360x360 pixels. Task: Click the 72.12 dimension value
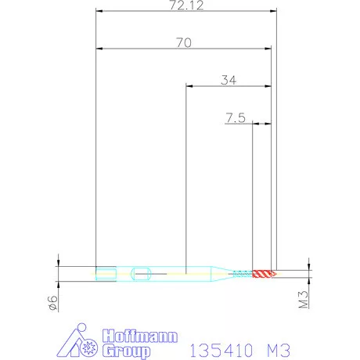(x=184, y=5)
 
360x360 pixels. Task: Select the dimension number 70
(x=184, y=43)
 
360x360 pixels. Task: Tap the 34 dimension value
(x=229, y=80)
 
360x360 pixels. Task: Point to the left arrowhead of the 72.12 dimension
(x=99, y=12)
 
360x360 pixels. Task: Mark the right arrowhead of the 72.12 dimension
(x=274, y=12)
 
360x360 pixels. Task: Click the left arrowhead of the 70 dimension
(x=99, y=49)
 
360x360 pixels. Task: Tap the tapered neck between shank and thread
(x=224, y=273)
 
